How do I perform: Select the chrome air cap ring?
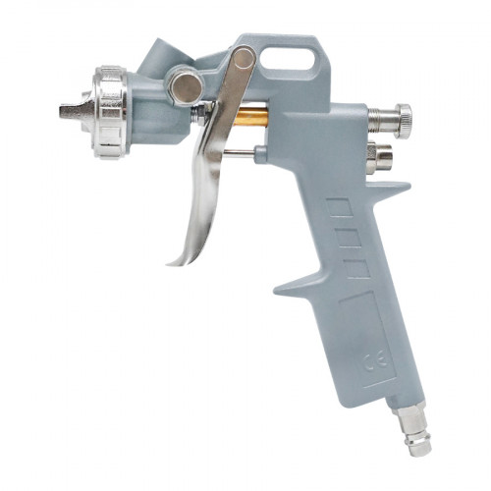click(110, 112)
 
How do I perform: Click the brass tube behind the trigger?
click(250, 118)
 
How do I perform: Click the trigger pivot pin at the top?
click(244, 59)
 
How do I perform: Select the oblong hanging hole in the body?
click(288, 59)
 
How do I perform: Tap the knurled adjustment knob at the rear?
click(403, 121)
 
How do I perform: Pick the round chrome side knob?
click(188, 87)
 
